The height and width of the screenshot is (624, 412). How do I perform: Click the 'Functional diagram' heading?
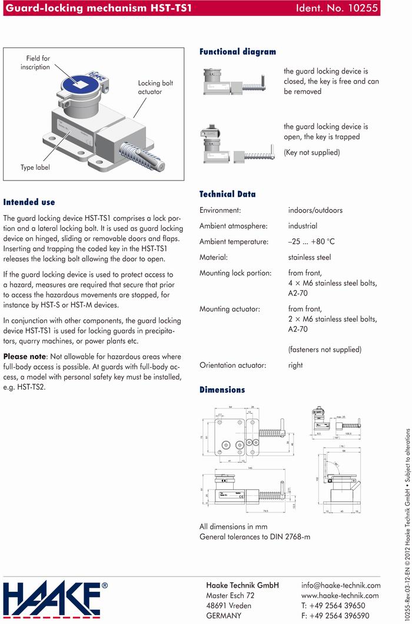point(238,52)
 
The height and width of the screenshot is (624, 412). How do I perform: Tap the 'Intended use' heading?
point(29,202)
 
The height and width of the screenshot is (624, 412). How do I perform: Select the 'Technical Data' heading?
point(227,194)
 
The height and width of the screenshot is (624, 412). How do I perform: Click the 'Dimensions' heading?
point(222,390)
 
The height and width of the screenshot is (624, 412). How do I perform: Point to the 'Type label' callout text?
point(35,167)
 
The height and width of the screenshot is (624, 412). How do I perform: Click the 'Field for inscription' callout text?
point(38,63)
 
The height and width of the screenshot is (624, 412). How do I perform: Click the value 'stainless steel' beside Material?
point(309,257)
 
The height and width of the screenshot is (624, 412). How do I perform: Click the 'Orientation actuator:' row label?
point(232,365)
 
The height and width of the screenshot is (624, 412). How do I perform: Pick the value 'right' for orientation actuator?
point(295,365)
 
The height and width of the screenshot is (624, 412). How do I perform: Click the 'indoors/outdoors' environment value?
point(315,210)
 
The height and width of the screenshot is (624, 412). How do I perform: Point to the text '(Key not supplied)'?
point(311,152)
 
